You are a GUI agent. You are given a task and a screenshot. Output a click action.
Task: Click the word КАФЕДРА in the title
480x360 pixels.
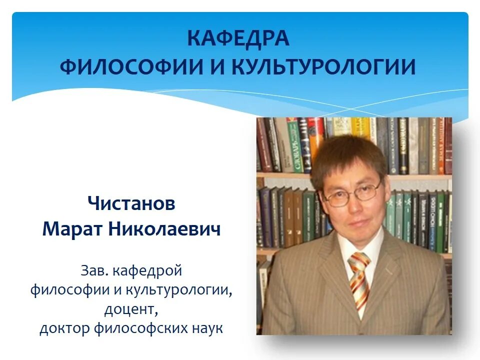238,39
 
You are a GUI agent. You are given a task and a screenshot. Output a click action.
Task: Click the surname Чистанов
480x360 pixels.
131,203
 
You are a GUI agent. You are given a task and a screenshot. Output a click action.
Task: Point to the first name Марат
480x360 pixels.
73,229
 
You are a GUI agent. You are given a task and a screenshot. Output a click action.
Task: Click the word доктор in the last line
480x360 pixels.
64,328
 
